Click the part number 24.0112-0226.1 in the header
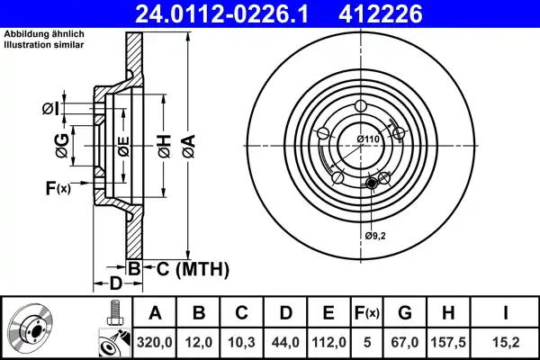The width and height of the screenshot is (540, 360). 221,13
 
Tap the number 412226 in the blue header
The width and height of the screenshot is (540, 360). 380,13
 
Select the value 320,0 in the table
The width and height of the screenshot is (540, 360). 154,342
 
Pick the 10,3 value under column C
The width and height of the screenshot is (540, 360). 241,342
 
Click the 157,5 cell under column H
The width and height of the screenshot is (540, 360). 448,342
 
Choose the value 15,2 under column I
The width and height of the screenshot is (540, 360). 506,342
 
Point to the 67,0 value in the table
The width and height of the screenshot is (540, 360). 405,342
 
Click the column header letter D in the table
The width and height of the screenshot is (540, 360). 285,313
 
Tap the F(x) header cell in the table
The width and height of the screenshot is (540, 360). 367,313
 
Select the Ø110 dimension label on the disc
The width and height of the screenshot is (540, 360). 368,139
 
